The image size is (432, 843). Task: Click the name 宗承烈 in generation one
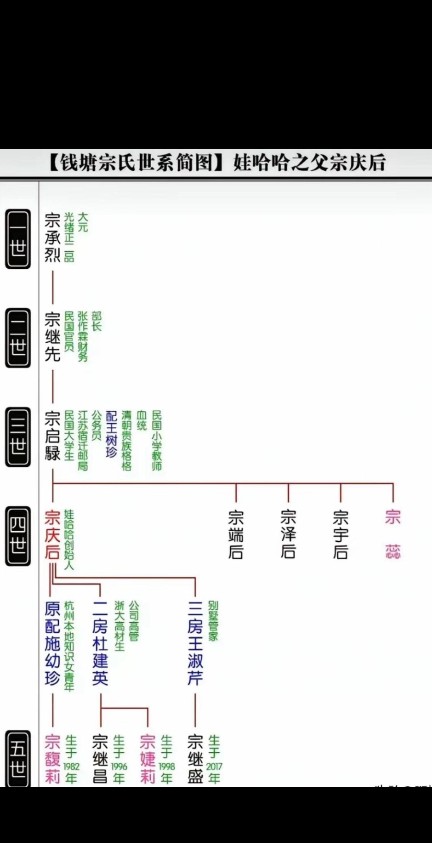pos(53,237)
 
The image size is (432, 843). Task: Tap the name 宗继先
pos(53,337)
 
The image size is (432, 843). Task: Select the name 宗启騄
pos(53,436)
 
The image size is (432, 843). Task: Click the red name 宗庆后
pos(52,535)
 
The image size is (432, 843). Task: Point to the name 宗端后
pos(236,535)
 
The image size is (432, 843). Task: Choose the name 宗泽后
pos(288,535)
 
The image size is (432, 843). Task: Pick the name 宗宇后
pos(341,535)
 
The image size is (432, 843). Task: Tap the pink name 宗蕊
pos(393,535)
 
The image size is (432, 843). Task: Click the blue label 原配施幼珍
pos(53,643)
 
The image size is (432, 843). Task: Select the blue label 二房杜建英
pos(100,643)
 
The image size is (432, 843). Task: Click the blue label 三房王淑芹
pos(195,643)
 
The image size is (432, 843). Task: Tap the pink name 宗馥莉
pos(53,759)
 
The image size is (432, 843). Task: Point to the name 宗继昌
pos(100,759)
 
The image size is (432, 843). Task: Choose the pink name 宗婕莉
pos(148,759)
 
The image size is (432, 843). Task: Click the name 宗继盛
pos(195,759)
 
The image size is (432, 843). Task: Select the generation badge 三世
pos(18,437)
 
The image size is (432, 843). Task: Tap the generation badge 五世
pos(18,759)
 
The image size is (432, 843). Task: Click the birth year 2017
pos(214,767)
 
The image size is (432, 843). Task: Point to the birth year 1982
pos(71,767)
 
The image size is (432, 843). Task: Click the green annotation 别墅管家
pos(213,621)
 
